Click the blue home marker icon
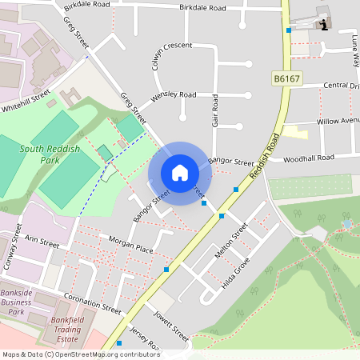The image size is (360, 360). point(179,172)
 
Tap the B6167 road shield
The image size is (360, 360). point(286,78)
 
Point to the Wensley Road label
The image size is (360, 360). point(174,94)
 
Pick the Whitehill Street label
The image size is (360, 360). point(26,99)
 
